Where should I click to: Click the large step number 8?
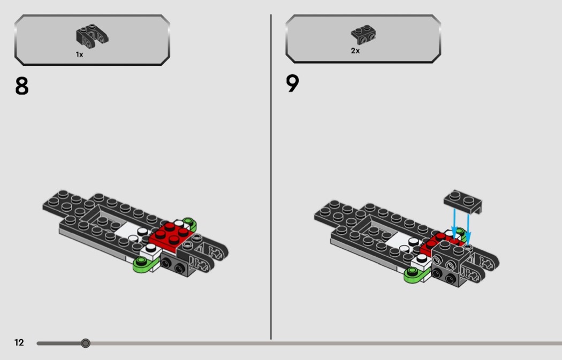point(21,86)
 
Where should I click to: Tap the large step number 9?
point(292,84)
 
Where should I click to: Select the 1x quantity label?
point(79,55)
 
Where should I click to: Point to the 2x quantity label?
point(355,51)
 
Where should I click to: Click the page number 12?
point(19,343)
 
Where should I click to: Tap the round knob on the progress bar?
point(86,343)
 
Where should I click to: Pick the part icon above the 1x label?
point(92,35)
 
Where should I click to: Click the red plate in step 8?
point(171,236)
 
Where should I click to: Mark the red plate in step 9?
point(435,241)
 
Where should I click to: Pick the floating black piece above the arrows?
point(464,201)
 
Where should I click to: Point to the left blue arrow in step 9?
point(454,223)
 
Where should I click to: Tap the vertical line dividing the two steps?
point(271,177)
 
